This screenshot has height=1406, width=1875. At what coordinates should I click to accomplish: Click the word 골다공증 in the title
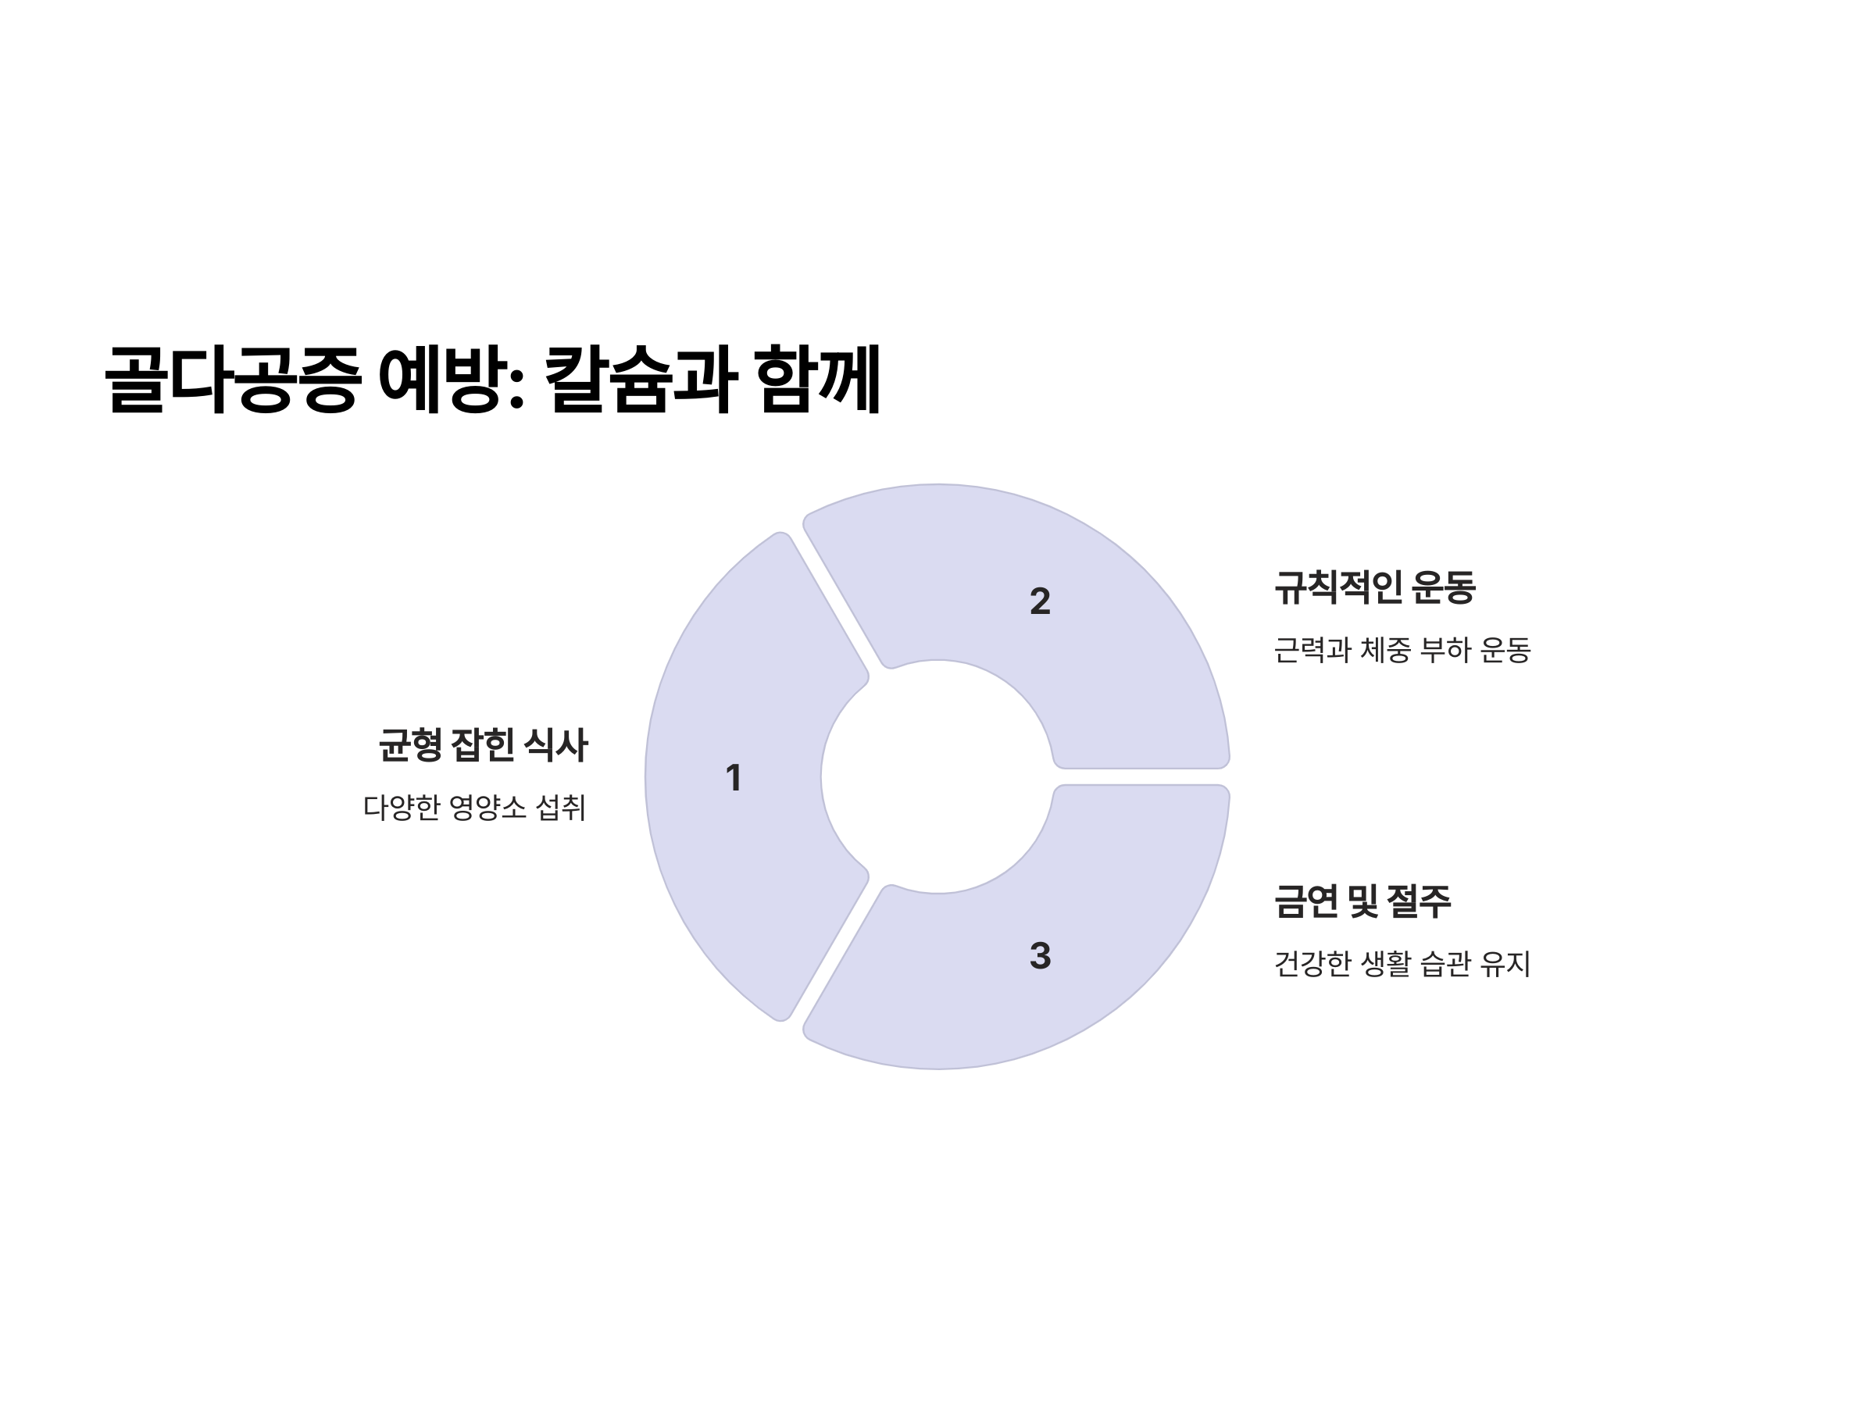click(233, 380)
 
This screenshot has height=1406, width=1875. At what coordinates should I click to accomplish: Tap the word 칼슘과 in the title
click(639, 380)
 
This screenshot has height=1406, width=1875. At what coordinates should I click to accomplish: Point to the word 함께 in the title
click(817, 380)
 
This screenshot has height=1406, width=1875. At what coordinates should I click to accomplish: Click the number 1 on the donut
click(734, 778)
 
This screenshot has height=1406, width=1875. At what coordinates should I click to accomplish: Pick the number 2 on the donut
click(1040, 601)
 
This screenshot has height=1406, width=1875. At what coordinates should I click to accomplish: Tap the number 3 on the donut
click(1040, 956)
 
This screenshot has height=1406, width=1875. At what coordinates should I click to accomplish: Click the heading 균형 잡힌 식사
click(482, 746)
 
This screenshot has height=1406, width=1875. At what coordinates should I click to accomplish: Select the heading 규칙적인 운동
click(1375, 587)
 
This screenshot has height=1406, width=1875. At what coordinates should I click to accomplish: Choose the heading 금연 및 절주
click(1362, 901)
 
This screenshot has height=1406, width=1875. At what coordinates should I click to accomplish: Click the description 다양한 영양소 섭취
click(474, 808)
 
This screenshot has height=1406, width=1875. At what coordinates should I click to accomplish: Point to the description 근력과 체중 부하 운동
click(1402, 650)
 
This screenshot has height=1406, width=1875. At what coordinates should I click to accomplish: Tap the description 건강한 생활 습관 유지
click(1402, 964)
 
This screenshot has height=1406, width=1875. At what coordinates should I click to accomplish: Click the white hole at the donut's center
click(937, 776)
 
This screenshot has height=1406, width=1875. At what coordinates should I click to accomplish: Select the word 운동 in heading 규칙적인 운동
click(1445, 587)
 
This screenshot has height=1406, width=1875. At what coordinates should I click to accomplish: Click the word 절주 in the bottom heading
click(1419, 901)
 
